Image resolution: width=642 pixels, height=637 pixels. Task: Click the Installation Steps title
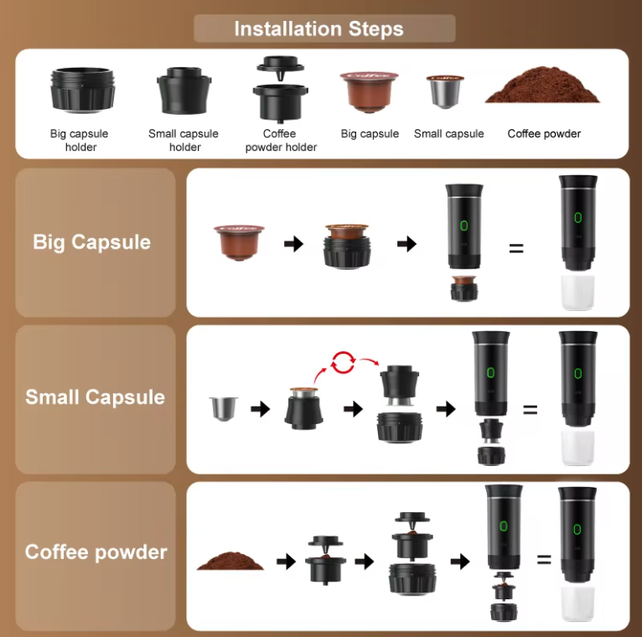pos(319,29)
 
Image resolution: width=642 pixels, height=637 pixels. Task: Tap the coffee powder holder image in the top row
pos(279,90)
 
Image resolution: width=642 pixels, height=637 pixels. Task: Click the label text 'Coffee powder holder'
pos(280,140)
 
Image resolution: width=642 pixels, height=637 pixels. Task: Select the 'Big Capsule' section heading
pos(92,242)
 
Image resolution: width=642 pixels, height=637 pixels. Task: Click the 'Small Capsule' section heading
pos(95,396)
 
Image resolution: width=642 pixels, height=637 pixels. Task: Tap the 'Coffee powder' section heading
pos(96,552)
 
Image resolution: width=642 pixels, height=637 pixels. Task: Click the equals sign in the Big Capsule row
pos(516,249)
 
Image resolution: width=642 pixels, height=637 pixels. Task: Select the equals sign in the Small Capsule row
pos(530,410)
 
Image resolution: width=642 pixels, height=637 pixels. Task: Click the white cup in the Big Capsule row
pos(577,293)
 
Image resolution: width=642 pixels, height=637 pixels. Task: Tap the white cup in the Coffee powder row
pos(577,603)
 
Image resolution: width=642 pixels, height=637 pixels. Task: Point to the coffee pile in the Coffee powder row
pos(230,560)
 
